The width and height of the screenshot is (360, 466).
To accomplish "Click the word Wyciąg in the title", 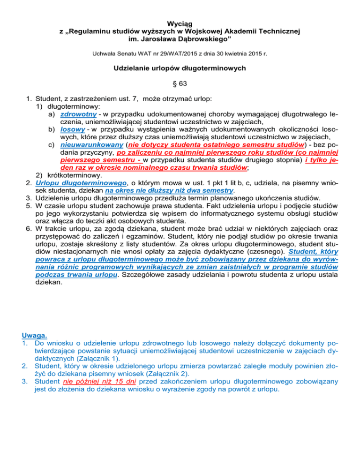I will coord(180,23).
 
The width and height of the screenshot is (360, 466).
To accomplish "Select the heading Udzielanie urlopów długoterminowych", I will coord(180,68).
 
